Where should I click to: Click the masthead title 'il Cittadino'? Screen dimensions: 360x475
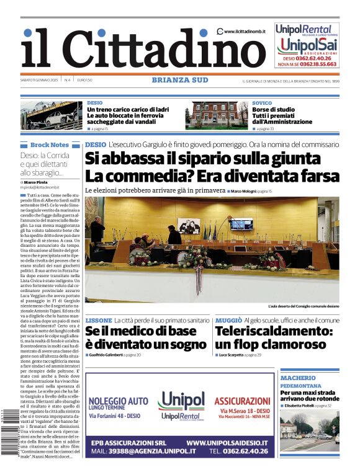tap(133, 49)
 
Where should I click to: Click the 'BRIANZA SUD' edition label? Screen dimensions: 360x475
tap(179, 80)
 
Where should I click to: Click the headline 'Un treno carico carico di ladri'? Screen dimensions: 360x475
tap(127, 109)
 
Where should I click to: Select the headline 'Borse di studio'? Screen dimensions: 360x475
tap(273, 109)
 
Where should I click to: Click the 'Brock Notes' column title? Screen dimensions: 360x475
tap(49, 144)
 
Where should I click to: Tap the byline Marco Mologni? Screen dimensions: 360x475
tap(247, 191)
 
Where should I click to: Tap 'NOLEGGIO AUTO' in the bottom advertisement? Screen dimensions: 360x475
tap(119, 401)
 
